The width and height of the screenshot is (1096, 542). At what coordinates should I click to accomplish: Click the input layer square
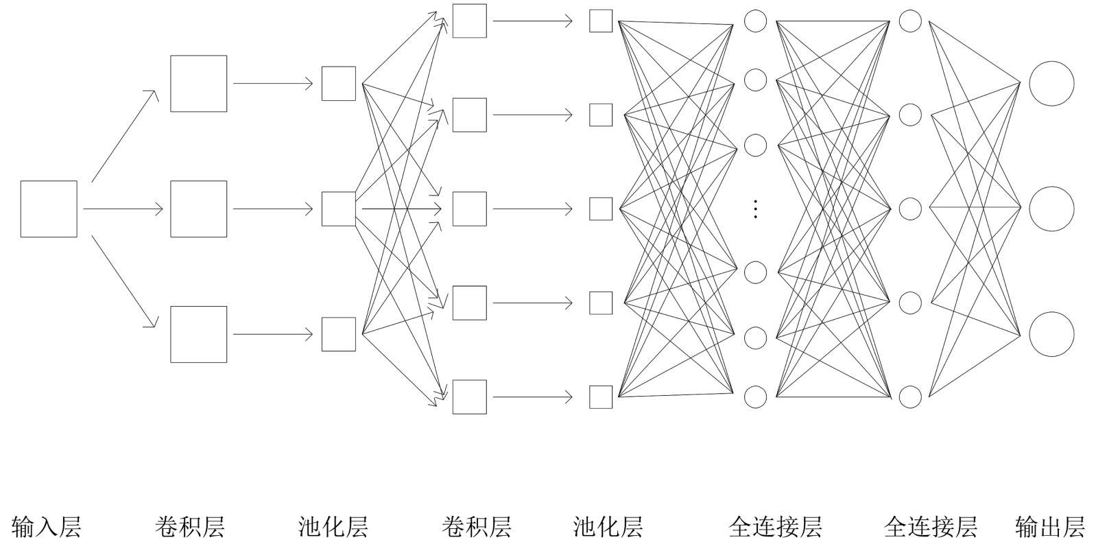pos(49,209)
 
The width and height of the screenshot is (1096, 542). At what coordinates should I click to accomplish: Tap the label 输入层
pos(47,527)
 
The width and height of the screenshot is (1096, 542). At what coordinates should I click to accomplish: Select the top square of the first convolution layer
pos(199,84)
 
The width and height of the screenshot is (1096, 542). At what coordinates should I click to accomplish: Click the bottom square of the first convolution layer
pos(199,334)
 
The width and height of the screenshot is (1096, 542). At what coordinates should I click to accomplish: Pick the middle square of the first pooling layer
pos(339,209)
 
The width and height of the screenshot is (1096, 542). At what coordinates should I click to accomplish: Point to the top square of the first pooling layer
pos(339,84)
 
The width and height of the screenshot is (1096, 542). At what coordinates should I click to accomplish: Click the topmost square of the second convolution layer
pos(470,21)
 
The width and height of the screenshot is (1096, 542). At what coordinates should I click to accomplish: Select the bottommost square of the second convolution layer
pos(470,397)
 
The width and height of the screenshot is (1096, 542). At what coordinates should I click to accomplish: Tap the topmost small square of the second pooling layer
pos(601,21)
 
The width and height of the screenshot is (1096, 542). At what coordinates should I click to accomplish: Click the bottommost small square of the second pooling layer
pos(601,397)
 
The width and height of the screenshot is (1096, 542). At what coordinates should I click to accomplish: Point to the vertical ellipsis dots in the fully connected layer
pos(755,209)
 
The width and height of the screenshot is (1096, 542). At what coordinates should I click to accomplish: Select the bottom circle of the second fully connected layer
pos(910,397)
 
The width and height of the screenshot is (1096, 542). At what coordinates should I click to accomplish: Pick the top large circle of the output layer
pos(1051,84)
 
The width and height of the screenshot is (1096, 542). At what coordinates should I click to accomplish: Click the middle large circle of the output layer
pos(1051,209)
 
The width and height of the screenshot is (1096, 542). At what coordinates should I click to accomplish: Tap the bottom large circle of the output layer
pos(1051,334)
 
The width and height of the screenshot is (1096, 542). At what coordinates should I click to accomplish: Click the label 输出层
pos(1049,527)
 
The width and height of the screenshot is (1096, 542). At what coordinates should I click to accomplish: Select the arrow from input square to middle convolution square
pos(123,209)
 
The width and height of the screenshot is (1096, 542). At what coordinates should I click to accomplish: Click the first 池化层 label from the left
pos(333,527)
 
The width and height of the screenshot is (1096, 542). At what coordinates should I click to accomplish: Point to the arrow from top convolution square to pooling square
pos(273,84)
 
